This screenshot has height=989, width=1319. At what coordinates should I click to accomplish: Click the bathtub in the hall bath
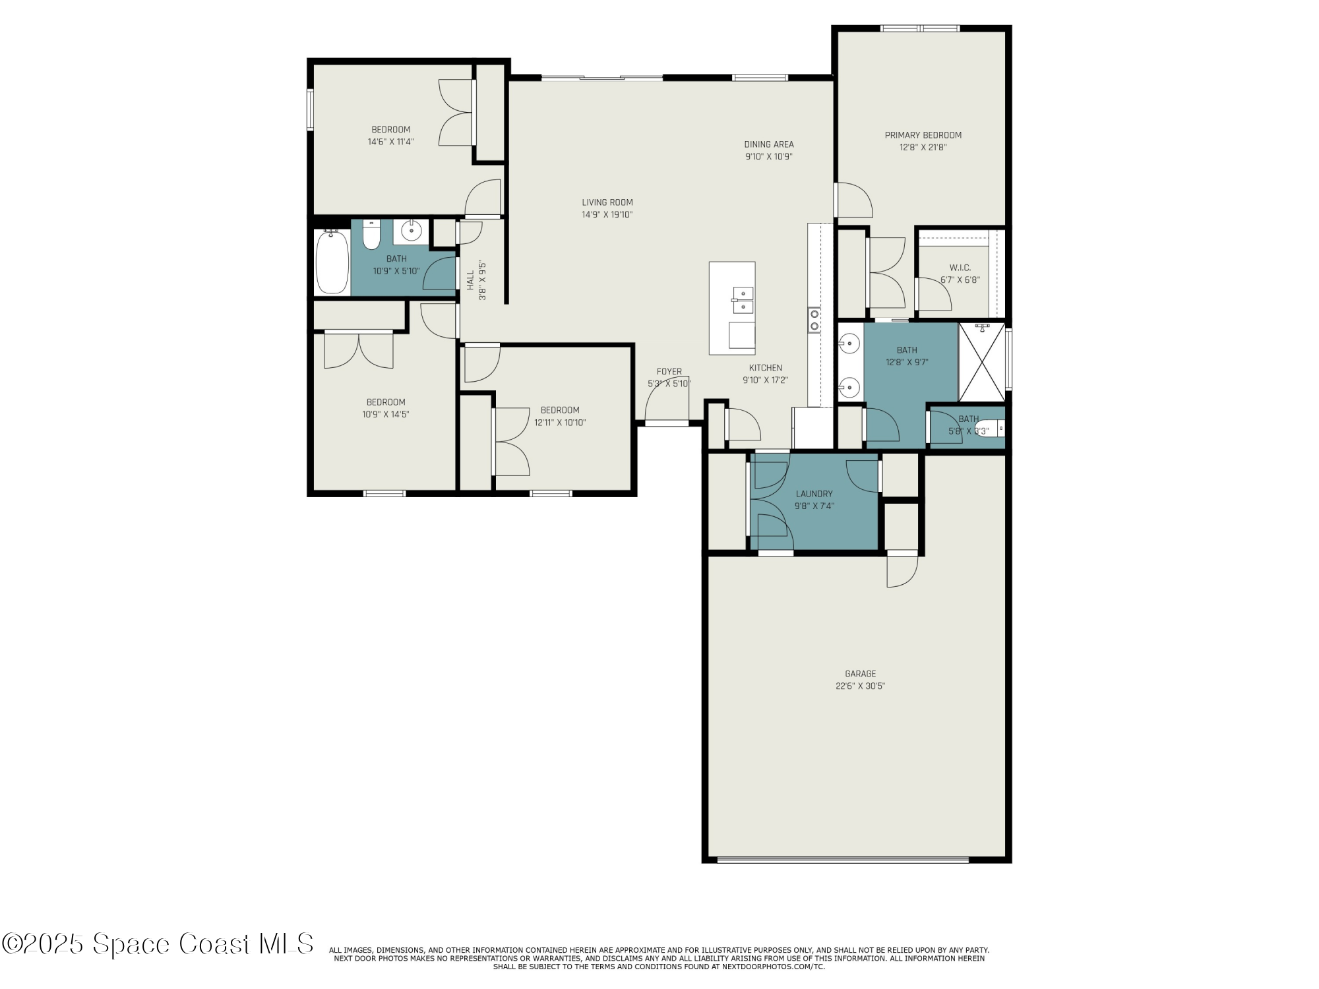332,262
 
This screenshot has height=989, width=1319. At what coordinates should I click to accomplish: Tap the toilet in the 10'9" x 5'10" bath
371,235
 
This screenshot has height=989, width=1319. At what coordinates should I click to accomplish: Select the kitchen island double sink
743,300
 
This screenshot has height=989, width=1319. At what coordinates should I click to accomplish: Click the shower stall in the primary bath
981,362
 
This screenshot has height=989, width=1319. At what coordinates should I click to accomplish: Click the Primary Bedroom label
923,135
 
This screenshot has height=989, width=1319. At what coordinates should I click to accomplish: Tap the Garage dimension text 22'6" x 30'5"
860,686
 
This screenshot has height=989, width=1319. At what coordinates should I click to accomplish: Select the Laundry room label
814,494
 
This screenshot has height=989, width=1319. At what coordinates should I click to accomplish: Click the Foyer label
669,372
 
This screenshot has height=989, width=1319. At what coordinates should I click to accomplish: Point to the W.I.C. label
960,268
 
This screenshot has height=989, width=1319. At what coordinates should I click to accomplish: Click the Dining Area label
768,144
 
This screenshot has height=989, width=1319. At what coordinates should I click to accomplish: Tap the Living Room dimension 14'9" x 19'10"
607,214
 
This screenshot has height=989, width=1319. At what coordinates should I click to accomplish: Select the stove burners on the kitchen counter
814,320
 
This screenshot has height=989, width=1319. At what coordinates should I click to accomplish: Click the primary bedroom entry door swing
855,200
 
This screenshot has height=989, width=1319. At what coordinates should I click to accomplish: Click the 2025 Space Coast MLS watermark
158,944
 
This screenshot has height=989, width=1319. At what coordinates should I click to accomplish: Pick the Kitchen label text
765,368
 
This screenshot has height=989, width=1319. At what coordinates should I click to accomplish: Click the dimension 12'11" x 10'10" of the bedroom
560,423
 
